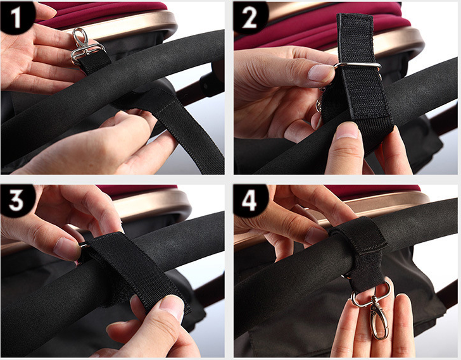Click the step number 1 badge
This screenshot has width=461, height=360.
coord(16,16)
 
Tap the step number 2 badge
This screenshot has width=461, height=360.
coord(250,17)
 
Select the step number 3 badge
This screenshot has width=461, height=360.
coord(16,201)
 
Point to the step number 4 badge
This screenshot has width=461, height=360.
coord(250,201)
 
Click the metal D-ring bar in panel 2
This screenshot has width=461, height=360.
coord(358,66)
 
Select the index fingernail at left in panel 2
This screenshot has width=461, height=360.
coord(320,73)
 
